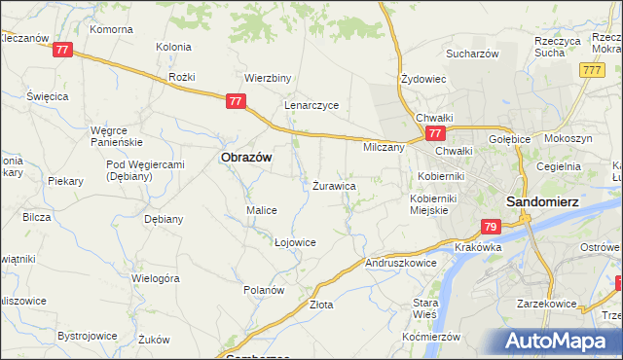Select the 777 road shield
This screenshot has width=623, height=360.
[591, 71]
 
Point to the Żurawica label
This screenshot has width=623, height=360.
[334, 185]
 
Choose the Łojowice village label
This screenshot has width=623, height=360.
[295, 242]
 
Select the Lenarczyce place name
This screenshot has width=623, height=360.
[311, 105]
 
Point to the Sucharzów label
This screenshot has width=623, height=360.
[473, 54]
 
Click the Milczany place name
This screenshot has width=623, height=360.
[384, 148]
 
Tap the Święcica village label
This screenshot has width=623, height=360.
[47, 97]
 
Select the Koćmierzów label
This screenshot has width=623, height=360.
[430, 336]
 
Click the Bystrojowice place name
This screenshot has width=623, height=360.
[88, 336]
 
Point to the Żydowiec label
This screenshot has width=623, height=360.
[423, 79]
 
